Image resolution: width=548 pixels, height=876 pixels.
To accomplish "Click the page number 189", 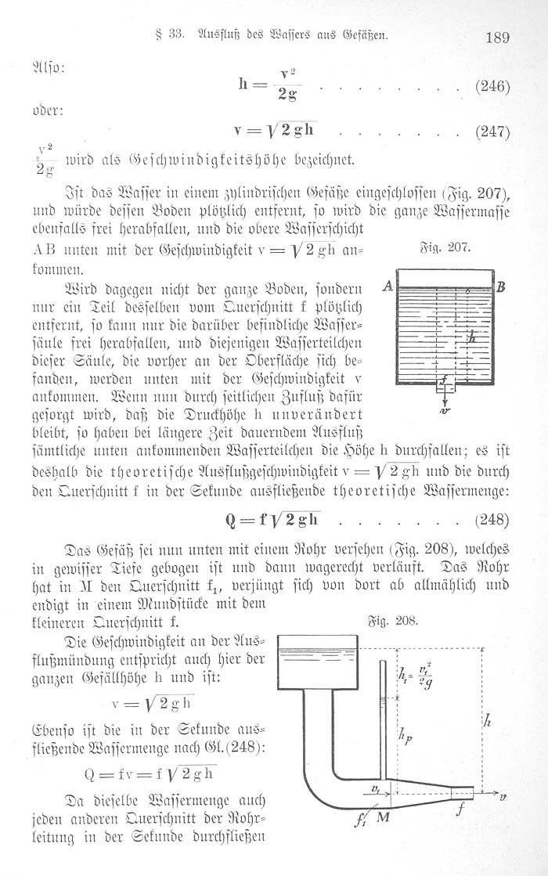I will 498,37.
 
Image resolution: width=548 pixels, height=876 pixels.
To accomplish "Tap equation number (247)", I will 492,132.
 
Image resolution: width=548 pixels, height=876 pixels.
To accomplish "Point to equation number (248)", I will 492,520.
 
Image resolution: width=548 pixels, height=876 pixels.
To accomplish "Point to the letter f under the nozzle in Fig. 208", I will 459,812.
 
